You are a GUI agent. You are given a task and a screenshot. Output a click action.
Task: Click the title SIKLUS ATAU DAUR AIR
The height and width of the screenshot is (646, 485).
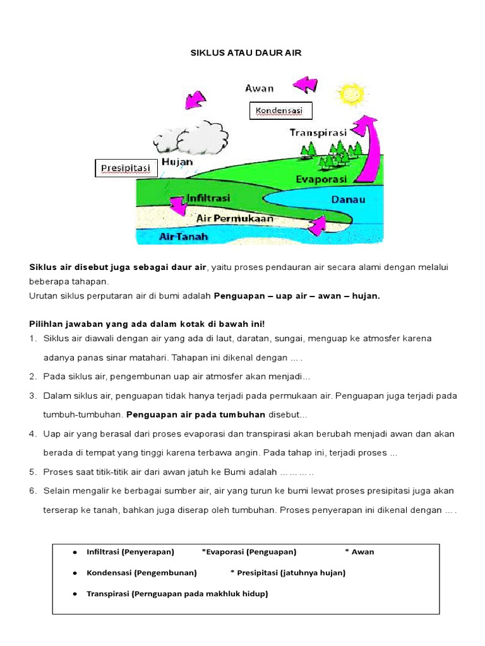(246, 53)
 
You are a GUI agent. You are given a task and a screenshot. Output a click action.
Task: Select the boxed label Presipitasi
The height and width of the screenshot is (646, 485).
(126, 168)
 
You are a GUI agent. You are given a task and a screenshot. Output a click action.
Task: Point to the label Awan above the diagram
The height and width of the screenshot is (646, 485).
(259, 88)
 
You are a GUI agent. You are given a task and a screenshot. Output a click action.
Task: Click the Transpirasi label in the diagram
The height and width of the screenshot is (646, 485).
(318, 132)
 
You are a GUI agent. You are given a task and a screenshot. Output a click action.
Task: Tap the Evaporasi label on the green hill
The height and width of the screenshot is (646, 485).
(321, 179)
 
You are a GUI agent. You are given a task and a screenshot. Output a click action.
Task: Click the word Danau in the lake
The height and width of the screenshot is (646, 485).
(348, 199)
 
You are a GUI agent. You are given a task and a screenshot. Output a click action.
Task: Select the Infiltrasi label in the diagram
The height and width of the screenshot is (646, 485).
(208, 198)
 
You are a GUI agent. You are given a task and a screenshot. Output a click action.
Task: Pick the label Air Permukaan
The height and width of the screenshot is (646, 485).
(235, 218)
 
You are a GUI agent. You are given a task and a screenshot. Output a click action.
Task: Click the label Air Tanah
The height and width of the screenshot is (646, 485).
(183, 237)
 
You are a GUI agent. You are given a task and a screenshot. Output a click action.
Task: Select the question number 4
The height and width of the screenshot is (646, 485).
(32, 434)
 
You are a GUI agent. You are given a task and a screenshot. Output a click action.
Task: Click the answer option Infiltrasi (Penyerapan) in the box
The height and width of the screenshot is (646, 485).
(130, 551)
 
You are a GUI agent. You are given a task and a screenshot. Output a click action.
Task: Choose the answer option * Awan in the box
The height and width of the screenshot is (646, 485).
(359, 551)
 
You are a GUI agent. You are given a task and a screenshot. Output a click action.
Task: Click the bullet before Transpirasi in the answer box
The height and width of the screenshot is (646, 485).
(75, 594)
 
